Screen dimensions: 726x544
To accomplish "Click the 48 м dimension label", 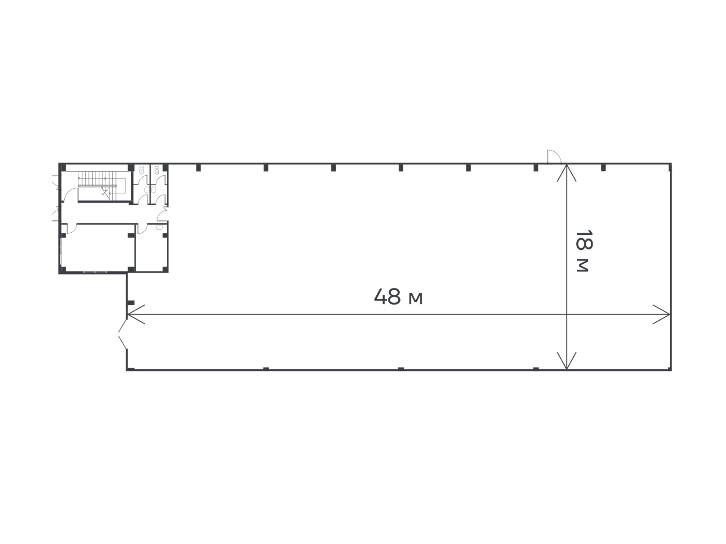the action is [398, 296].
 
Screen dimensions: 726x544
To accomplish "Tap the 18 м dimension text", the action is [584, 251].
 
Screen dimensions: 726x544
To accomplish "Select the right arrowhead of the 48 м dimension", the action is [661, 314].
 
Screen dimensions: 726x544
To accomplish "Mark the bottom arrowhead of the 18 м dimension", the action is [566, 361].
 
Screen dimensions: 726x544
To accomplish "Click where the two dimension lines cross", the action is [566, 314].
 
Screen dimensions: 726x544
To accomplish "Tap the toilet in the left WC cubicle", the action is [142, 170].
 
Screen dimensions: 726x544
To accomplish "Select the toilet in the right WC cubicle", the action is [157, 170].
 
